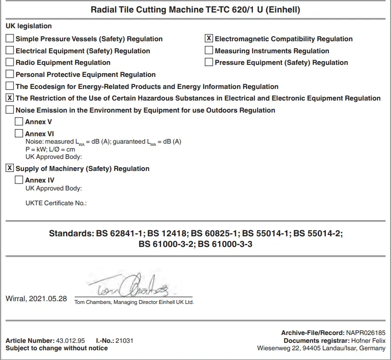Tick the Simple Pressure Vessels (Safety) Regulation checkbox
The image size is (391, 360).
10,39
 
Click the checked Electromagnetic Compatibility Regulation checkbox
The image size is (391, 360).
209,39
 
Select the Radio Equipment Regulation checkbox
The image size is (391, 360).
10,63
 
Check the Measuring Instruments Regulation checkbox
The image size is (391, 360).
209,51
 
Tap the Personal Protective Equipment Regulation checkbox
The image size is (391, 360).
10,74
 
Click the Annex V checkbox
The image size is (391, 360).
19,122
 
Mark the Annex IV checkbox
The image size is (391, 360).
19,180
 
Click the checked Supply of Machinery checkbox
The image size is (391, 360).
10,168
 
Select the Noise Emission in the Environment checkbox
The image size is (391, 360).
10,110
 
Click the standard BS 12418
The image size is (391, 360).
169,234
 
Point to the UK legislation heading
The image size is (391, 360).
29,26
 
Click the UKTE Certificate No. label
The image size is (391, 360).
56,203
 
